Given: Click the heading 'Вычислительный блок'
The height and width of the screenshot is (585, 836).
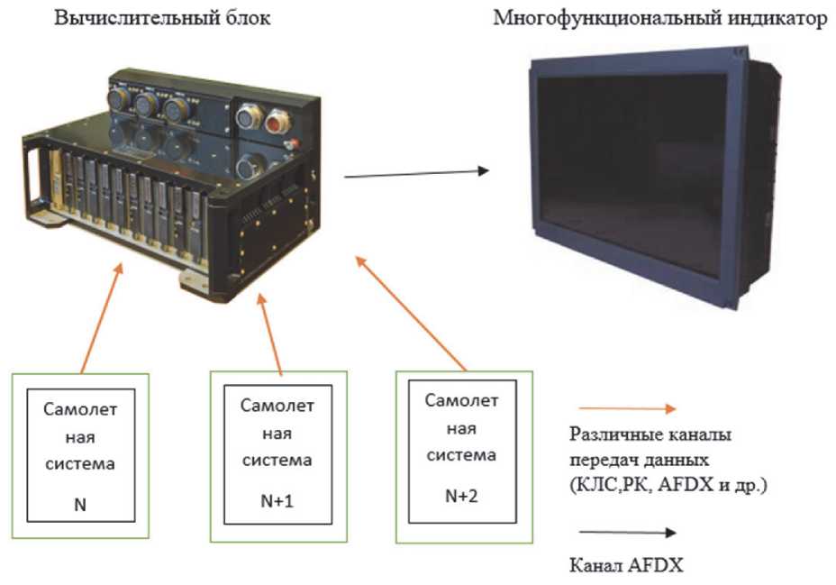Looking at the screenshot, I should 161,20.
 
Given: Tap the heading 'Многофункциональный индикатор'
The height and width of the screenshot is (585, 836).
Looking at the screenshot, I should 659,20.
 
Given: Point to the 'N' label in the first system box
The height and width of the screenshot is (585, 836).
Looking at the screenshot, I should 80,506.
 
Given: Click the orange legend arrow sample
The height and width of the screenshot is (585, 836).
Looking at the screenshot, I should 622,408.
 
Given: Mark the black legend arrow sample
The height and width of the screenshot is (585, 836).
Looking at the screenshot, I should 622,533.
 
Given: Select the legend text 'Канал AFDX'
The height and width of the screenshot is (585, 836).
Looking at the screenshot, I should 627,566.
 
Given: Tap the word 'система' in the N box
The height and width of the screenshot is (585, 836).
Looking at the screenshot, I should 79,465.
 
